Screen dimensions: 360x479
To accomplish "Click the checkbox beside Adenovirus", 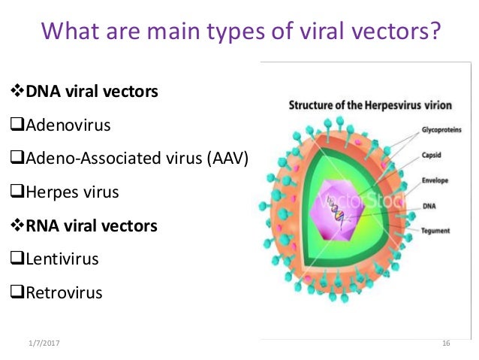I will [19, 126].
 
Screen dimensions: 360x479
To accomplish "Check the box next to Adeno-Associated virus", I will [19, 159].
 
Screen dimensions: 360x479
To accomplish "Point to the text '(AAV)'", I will [227, 159].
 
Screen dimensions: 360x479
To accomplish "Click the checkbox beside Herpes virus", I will [19, 192].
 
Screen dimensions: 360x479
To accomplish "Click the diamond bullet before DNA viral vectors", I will [20, 92].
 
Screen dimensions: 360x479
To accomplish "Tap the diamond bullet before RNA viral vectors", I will [20, 225].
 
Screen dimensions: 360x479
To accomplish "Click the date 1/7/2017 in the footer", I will [43, 343].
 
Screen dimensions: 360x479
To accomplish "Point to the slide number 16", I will [445, 343].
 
